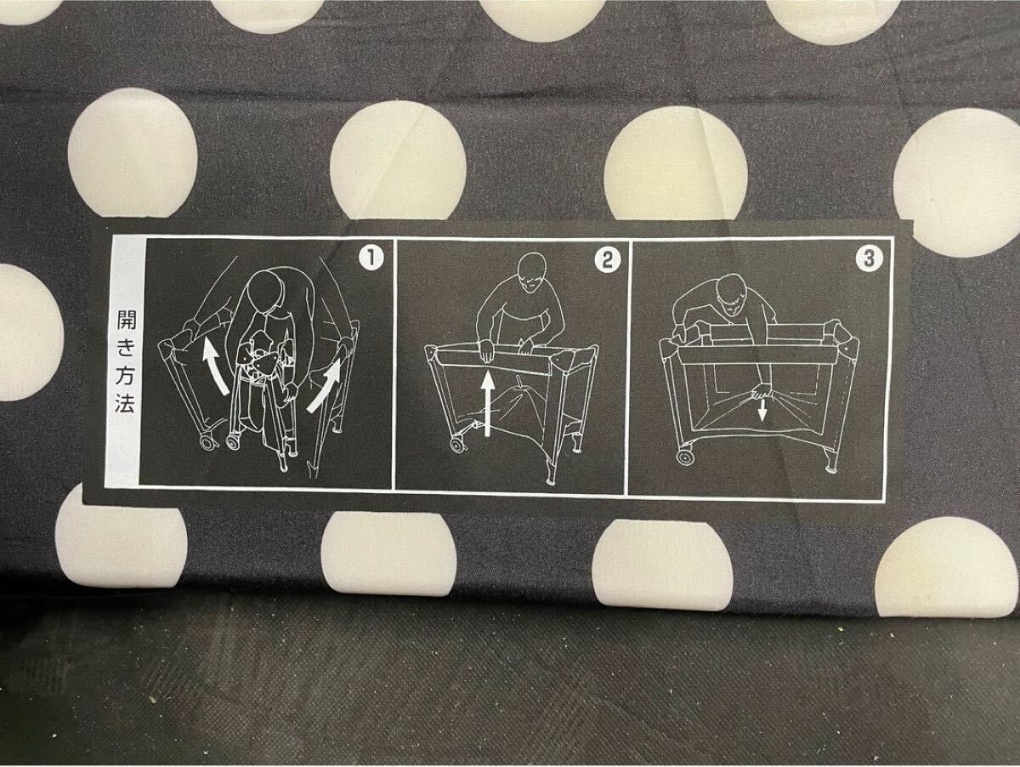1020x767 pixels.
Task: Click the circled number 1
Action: pyautogui.click(x=371, y=259)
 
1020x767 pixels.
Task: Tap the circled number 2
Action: pyautogui.click(x=607, y=260)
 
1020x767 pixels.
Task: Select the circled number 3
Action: pyautogui.click(x=868, y=259)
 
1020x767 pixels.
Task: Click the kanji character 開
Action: pyautogui.click(x=126, y=319)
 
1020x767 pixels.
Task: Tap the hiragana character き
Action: pyautogui.click(x=126, y=347)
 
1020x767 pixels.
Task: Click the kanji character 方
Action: pyautogui.click(x=125, y=375)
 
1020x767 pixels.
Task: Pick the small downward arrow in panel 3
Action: pyautogui.click(x=761, y=410)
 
